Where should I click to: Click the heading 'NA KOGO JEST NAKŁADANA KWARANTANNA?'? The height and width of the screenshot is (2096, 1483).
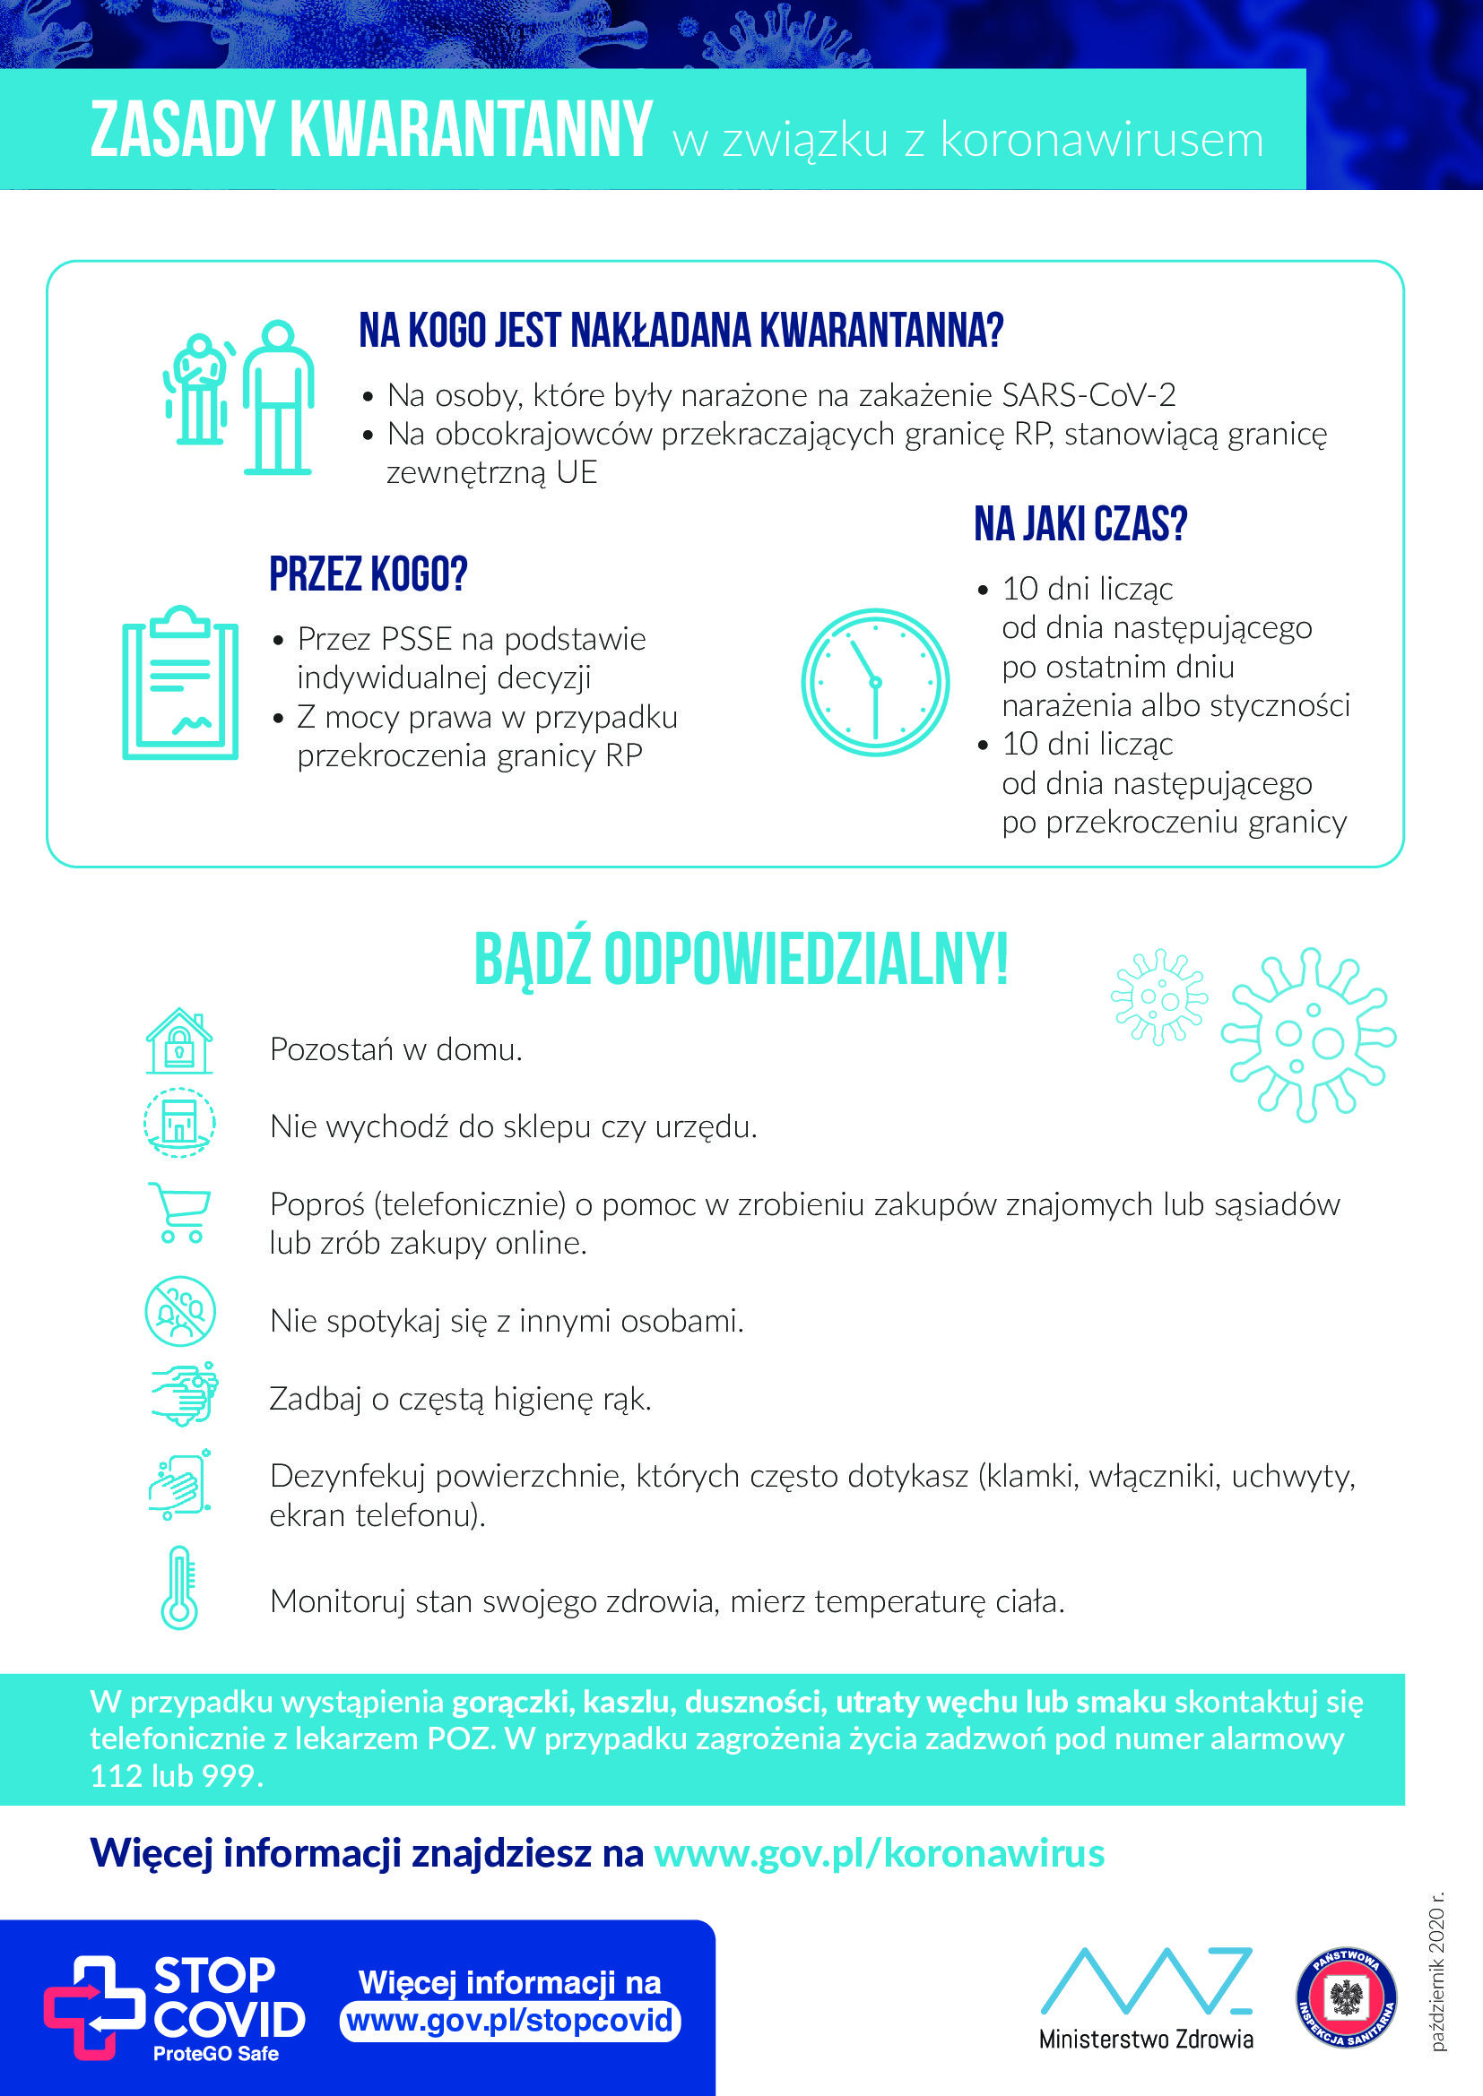pos(681,331)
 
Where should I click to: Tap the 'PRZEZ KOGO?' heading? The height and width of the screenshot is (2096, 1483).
pos(368,574)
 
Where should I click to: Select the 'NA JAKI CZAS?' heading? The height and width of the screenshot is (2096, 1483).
pos(1080,524)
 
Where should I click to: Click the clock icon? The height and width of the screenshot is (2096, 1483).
pos(875,682)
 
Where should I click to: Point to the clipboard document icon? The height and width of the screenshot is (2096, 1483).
pos(181,683)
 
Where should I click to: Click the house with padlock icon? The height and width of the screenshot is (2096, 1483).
pos(179,1040)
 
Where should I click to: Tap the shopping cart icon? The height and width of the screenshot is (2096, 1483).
pos(181,1212)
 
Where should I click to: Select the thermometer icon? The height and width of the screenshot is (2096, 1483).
pos(179,1588)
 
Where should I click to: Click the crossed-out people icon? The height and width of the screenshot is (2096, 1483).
pos(180,1311)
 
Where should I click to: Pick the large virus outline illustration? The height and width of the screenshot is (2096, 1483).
pos(1308,1035)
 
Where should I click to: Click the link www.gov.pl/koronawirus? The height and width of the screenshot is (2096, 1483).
pos(879,1854)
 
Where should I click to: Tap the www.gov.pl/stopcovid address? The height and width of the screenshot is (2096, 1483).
pos(509,2020)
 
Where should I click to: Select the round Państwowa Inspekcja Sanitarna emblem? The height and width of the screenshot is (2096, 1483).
pos(1346,1997)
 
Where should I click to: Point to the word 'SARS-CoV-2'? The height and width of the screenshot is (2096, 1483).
pos(1088,395)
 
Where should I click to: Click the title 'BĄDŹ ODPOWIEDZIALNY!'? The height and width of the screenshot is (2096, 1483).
pos(741,960)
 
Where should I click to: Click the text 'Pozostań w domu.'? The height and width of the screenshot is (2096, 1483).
pos(395,1050)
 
